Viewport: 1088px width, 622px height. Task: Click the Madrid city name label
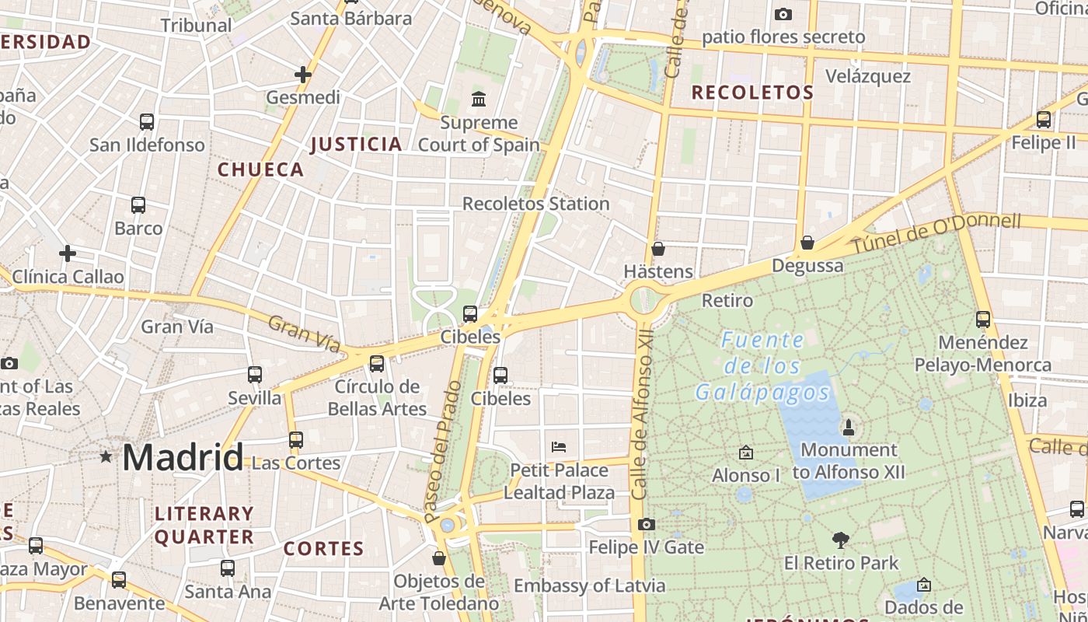click(183, 456)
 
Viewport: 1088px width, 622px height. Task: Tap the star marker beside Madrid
click(106, 456)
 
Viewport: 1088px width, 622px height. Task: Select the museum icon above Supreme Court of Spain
click(479, 100)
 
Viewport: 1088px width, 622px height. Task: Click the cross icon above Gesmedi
click(303, 75)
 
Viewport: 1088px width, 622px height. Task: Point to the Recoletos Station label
click(535, 204)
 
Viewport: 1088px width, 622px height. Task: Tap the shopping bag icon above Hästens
click(658, 249)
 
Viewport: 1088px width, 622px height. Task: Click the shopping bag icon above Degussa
click(807, 243)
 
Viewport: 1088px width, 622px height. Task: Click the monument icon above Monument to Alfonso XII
click(848, 427)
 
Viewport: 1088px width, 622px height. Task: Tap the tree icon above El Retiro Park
click(840, 540)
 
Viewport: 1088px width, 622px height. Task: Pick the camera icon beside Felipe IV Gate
click(646, 525)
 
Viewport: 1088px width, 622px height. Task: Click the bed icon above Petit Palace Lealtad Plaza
click(558, 447)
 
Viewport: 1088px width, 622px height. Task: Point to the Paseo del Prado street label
click(443, 451)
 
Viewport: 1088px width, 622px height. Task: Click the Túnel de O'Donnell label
click(936, 232)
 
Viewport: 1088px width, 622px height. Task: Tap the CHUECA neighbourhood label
click(260, 169)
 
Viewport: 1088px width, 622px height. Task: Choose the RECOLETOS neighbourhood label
click(752, 93)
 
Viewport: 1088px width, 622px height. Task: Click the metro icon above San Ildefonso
click(147, 122)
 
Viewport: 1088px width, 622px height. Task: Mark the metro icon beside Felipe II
click(1044, 120)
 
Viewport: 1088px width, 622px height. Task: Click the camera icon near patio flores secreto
click(783, 14)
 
